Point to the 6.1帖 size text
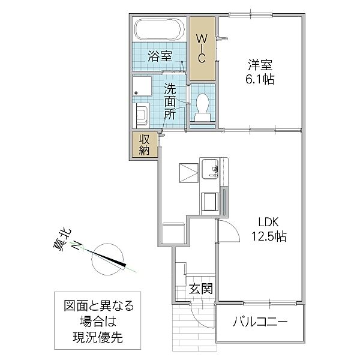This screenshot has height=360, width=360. (259, 79)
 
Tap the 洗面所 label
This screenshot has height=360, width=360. (171, 101)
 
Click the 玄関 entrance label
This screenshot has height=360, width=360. (200, 289)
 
